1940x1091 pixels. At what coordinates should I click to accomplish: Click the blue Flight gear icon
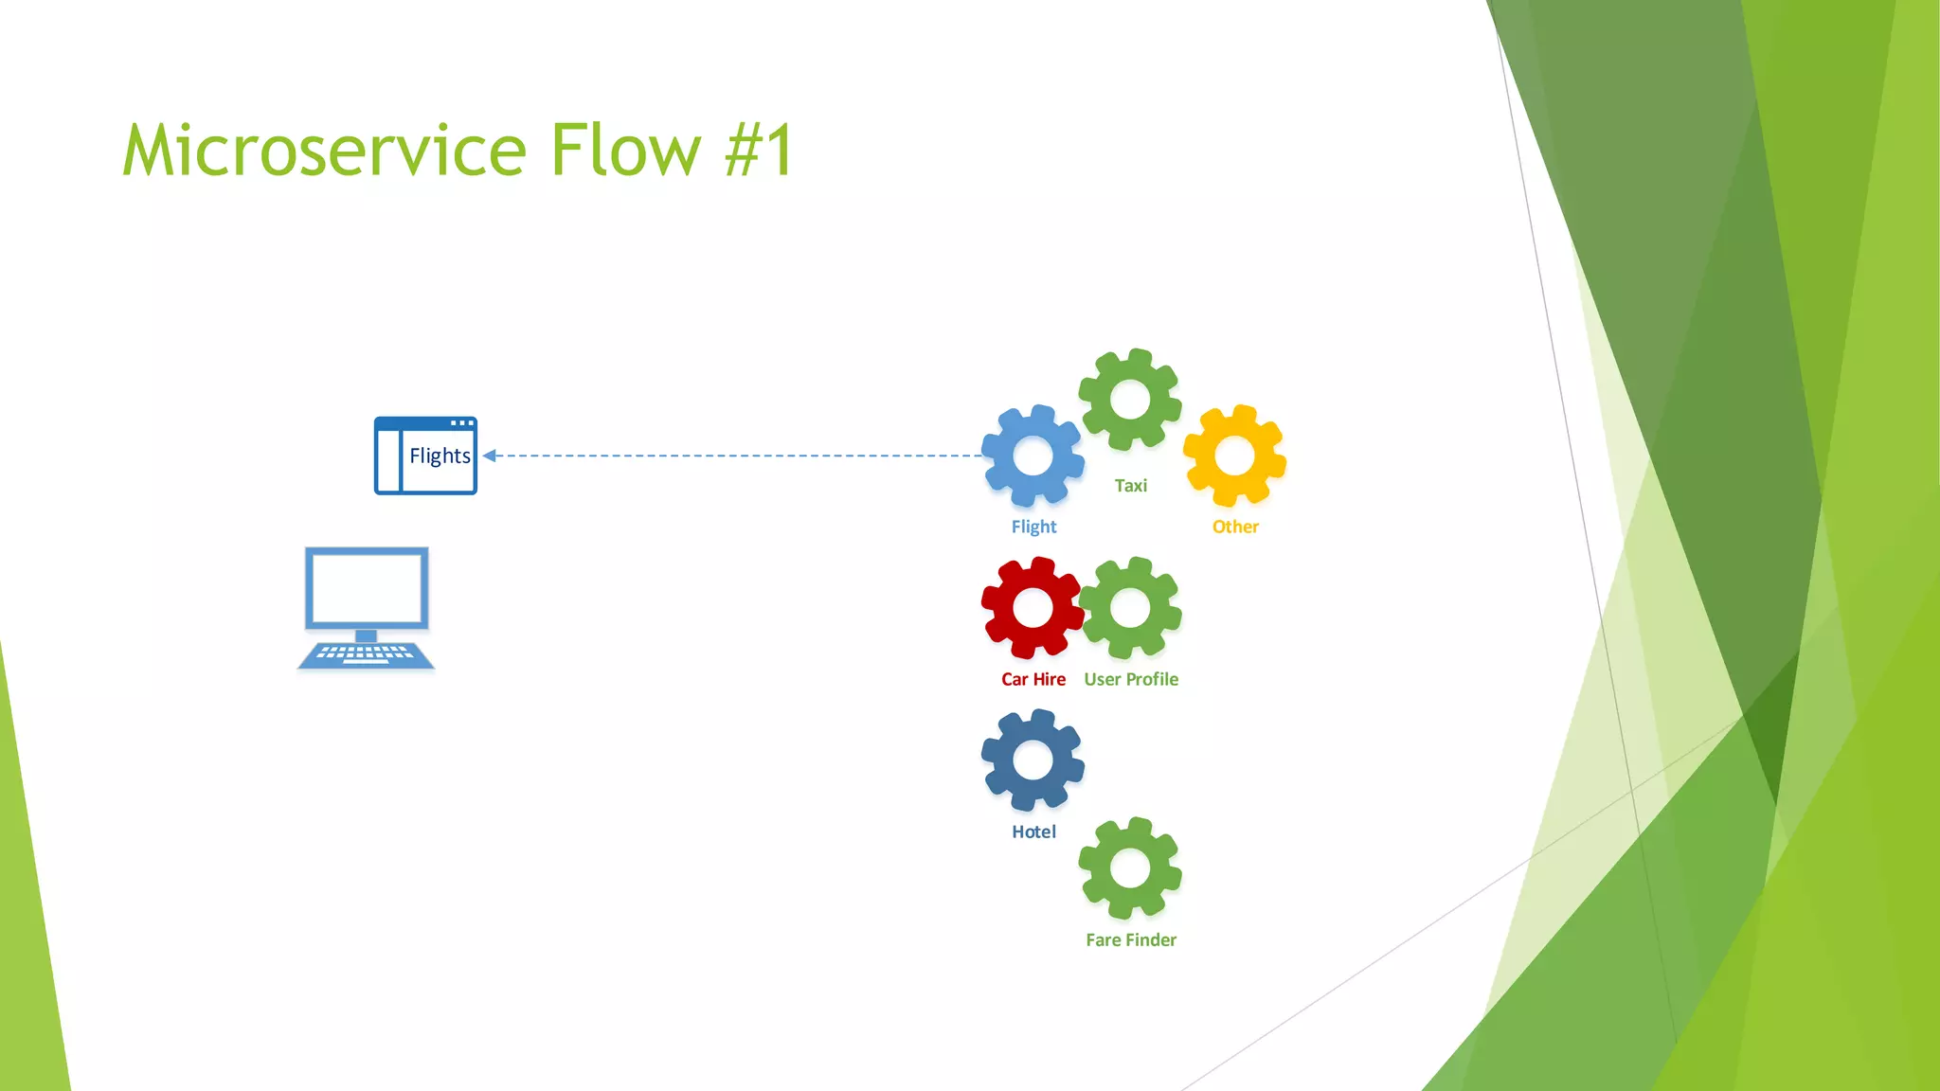[x=1033, y=456]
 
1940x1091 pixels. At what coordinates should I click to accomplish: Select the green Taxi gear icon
[x=1130, y=399]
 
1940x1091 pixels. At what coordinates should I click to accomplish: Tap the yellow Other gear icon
[x=1234, y=456]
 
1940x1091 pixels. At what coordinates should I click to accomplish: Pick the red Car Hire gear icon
[x=1033, y=608]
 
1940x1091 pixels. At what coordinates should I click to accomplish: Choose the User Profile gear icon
[x=1130, y=608]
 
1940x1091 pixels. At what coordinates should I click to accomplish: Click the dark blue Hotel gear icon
[x=1033, y=760]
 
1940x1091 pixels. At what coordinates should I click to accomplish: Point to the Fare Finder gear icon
[x=1130, y=868]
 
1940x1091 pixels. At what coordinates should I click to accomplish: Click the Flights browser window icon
[x=425, y=456]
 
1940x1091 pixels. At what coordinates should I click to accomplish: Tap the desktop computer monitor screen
[x=367, y=588]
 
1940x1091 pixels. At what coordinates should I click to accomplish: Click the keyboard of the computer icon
[x=366, y=653]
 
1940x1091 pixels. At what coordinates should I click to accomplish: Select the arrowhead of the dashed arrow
[x=490, y=456]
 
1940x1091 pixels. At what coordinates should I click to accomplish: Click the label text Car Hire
[x=1033, y=679]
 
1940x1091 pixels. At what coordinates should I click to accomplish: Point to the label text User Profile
[x=1131, y=679]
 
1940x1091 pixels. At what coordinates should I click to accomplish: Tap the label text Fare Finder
[x=1131, y=939]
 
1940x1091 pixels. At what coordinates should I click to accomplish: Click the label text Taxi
[x=1130, y=486]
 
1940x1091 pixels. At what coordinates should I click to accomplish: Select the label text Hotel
[x=1033, y=832]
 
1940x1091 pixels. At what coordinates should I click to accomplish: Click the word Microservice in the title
[x=324, y=151]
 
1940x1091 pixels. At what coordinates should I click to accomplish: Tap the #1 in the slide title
[x=759, y=151]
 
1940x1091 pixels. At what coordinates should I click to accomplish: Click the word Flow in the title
[x=625, y=151]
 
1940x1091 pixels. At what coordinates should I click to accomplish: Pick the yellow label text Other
[x=1235, y=527]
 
